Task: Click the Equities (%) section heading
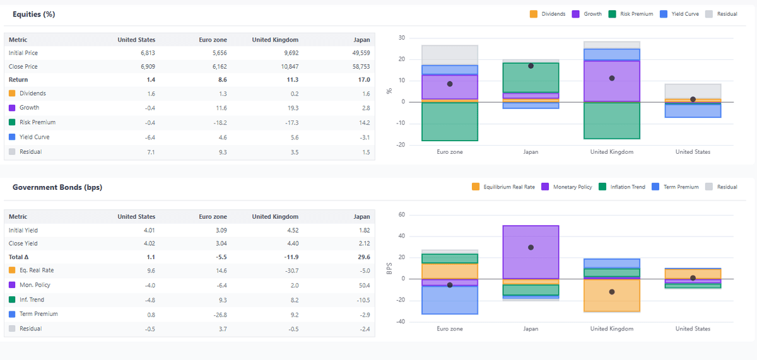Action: point(33,15)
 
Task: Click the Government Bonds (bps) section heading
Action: point(57,187)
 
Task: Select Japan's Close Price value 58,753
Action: point(358,66)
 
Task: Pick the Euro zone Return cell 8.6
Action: point(222,79)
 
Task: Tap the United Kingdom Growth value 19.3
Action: point(292,108)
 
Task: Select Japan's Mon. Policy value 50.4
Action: point(363,285)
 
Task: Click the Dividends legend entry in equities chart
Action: point(549,14)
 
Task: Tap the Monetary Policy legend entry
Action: point(567,187)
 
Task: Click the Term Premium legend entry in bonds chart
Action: point(676,187)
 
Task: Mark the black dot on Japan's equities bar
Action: point(531,66)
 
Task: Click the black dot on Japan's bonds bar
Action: point(531,247)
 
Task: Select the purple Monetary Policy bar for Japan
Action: point(531,252)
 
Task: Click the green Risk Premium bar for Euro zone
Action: point(450,121)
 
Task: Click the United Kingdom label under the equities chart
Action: point(611,152)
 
